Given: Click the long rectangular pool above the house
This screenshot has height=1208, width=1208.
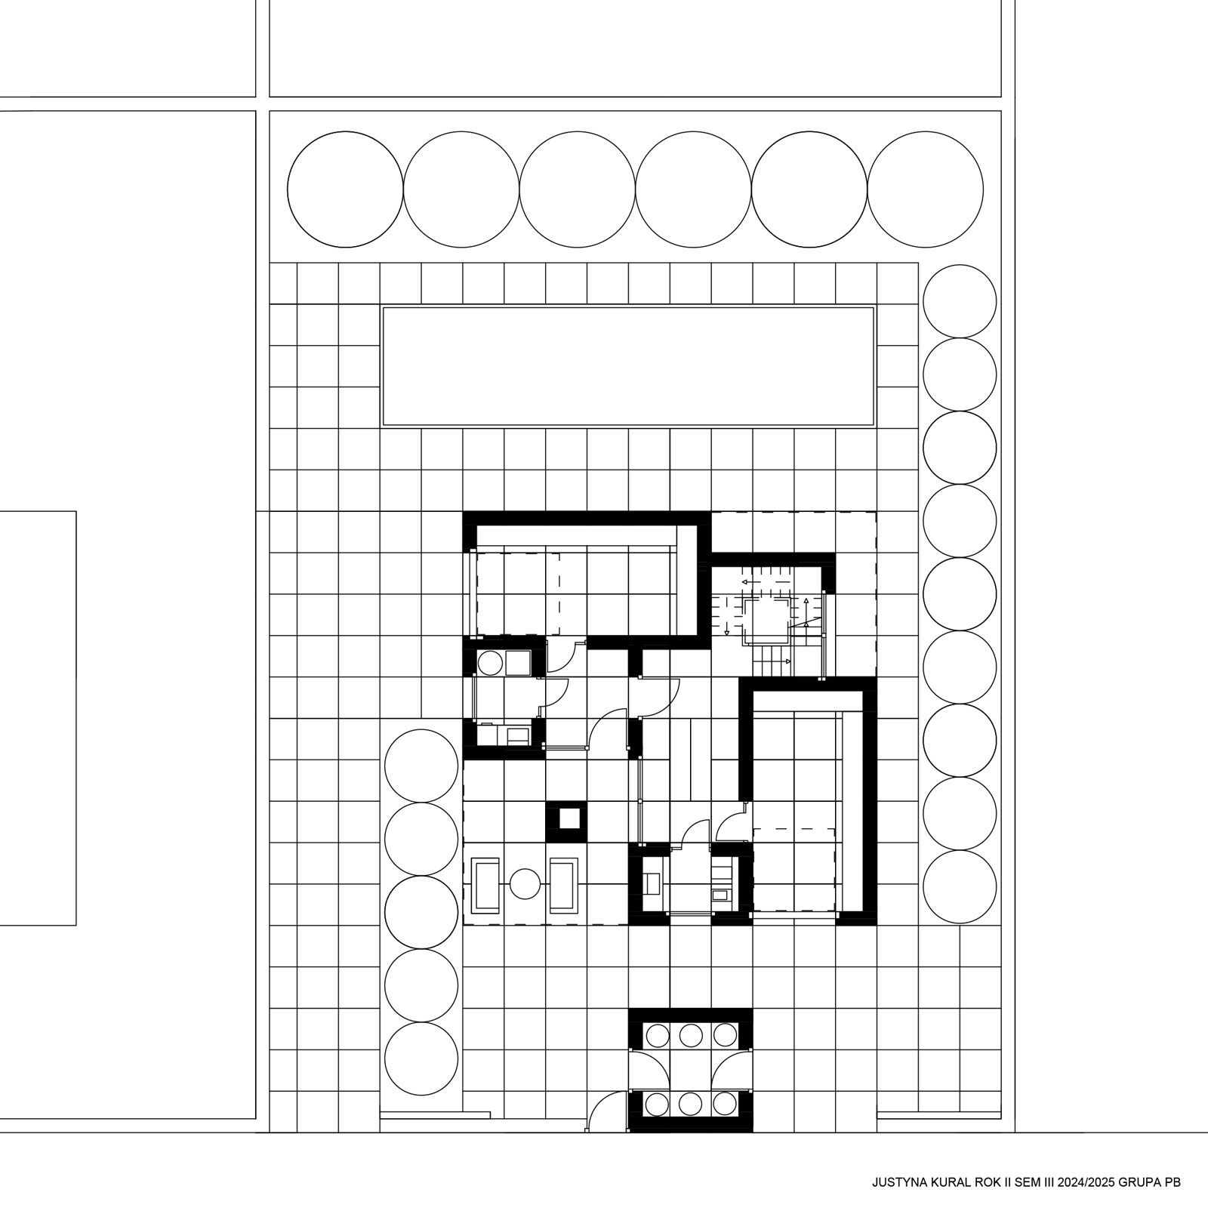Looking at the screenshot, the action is point(628,366).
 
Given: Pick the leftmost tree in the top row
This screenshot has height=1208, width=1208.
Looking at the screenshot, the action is point(345,190).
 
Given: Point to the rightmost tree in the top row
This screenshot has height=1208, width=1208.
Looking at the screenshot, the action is point(925,190).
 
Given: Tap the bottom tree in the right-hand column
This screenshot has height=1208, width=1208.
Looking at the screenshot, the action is point(960,888).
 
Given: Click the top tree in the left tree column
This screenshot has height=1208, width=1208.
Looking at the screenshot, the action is point(421,766).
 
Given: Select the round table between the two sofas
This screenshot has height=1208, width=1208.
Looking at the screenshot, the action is point(525,884).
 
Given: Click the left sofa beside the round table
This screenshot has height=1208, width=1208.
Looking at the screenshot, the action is point(485,884).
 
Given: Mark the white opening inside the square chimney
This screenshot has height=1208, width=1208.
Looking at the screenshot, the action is point(566,819).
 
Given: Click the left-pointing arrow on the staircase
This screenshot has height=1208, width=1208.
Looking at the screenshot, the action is point(755,583).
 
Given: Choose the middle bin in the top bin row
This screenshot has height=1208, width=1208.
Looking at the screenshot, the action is point(690,1034).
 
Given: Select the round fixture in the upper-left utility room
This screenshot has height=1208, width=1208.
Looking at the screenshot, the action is point(490,663).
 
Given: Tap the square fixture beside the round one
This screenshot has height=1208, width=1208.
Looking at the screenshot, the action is point(518,663).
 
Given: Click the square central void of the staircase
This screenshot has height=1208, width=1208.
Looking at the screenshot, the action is point(766,621).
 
